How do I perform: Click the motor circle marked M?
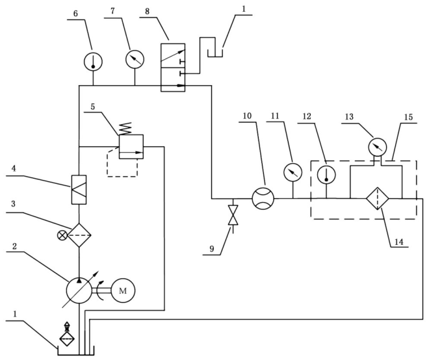click(x=123, y=290)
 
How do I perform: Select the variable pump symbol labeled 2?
click(x=79, y=290)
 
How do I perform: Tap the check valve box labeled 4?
click(x=79, y=190)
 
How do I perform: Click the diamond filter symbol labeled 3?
click(x=79, y=235)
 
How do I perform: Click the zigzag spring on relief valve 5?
click(x=127, y=128)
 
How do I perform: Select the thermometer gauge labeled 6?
click(x=93, y=61)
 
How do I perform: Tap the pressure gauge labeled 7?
click(x=135, y=59)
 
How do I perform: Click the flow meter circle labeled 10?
click(x=263, y=199)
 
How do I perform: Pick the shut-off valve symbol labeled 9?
click(x=233, y=215)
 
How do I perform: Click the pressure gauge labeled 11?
click(x=292, y=172)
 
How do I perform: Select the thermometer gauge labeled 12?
click(x=326, y=174)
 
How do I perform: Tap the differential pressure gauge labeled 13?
click(x=378, y=147)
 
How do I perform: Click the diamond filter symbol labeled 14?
click(x=378, y=199)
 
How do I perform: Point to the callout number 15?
click(x=408, y=118)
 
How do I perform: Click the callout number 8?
click(x=147, y=12)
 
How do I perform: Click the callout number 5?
click(x=93, y=107)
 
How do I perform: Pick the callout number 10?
click(x=247, y=116)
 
